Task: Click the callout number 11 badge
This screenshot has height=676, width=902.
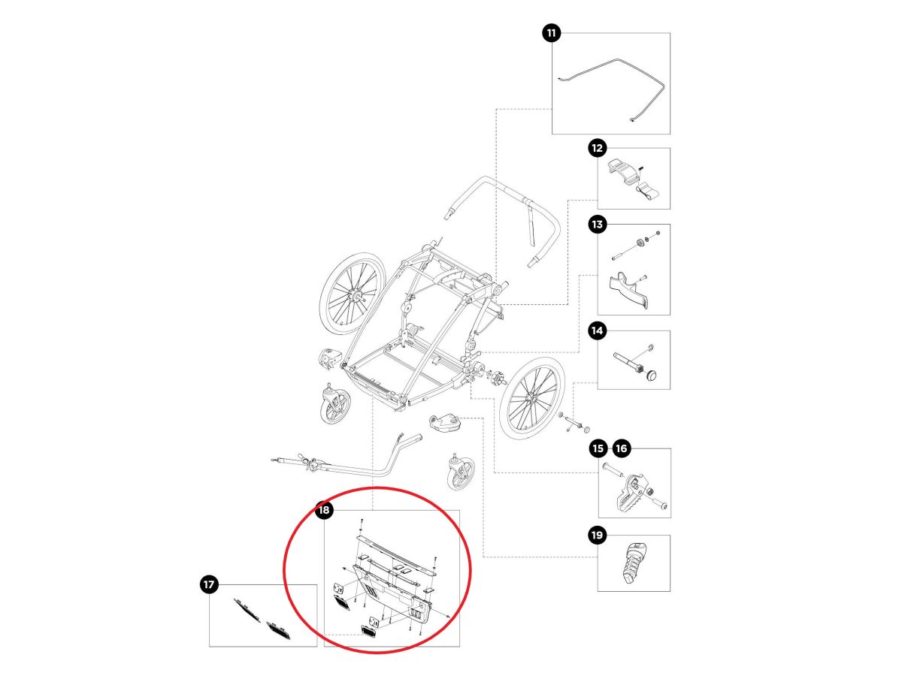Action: pos(552,33)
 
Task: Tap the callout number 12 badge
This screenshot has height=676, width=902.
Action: pos(598,148)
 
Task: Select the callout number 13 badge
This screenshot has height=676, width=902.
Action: pos(598,224)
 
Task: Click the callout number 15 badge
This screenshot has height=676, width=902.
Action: pos(598,449)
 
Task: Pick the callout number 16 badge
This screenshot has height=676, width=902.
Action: pos(621,449)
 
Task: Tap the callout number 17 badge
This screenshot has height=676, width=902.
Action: pos(208,584)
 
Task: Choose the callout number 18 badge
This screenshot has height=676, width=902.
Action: pos(324,511)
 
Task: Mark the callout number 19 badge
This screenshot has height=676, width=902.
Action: pos(598,536)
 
